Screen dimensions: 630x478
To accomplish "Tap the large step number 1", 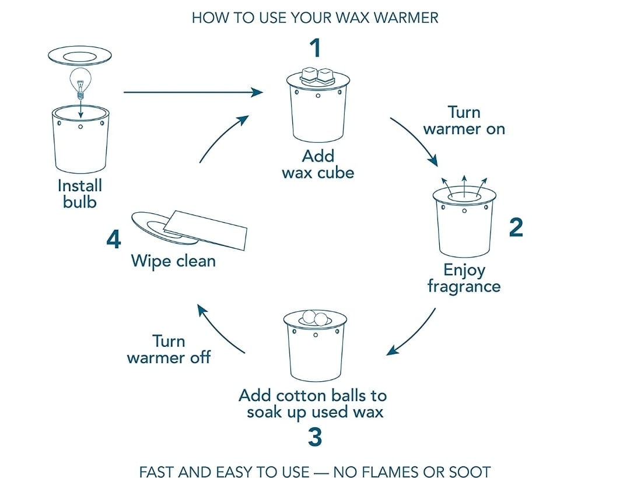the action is [x=316, y=48].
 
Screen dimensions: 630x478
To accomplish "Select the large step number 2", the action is [x=516, y=227].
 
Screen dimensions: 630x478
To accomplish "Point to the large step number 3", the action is [x=315, y=437].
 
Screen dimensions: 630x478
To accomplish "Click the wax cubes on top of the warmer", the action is [x=317, y=75].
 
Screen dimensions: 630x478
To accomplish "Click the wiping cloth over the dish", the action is [x=205, y=229].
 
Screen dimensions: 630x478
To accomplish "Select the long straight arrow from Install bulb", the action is [x=193, y=92].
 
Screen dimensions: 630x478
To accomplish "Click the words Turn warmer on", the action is [x=464, y=121].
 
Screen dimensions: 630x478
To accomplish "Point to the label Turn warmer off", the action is [x=169, y=349].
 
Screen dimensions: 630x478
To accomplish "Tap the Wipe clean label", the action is [x=173, y=261].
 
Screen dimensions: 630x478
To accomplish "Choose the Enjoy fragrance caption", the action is [x=464, y=278].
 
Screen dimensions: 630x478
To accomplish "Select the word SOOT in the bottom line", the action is [x=469, y=472].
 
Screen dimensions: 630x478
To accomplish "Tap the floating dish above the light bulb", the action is [x=80, y=56].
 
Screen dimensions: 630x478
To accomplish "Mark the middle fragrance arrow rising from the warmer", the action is [x=464, y=186].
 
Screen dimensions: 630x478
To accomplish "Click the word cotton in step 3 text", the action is [x=297, y=396].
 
